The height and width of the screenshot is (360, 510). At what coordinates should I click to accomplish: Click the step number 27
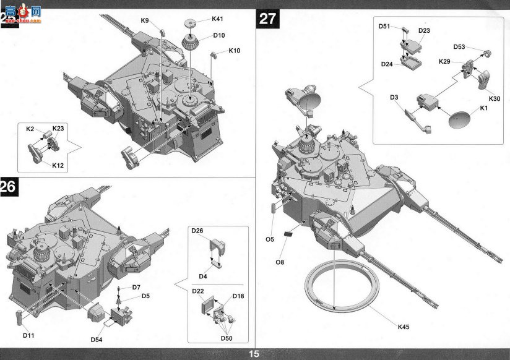pos(267,19)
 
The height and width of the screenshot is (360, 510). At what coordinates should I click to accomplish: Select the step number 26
pos(9,187)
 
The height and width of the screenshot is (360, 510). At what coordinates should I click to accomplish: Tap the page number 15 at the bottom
pos(254,354)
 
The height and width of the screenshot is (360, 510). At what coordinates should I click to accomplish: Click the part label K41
pos(217,19)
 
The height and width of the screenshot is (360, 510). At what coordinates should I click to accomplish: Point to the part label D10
pos(219,35)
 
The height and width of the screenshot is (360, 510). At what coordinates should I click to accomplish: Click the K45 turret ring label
pos(404,327)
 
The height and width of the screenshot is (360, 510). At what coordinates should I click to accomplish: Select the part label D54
pos(97,340)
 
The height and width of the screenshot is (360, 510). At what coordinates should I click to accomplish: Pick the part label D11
pos(28,335)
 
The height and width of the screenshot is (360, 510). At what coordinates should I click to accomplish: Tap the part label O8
pos(280,262)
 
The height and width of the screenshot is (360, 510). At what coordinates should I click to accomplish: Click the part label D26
pos(197,231)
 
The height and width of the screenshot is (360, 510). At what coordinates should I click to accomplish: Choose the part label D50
pos(227,338)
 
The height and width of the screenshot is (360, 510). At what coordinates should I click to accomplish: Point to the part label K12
pos(58,166)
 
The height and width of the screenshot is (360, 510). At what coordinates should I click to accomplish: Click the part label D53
pos(459,47)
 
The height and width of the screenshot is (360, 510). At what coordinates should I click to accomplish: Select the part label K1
pos(483,108)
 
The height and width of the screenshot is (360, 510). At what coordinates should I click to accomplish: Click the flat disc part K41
pos(192,24)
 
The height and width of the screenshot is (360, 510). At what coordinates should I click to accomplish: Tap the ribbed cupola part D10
pos(190,42)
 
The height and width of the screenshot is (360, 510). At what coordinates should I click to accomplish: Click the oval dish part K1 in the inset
pos(459,119)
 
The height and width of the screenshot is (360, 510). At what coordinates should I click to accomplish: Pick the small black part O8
pos(288,233)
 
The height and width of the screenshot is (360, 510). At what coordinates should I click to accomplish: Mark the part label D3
pos(394,97)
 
